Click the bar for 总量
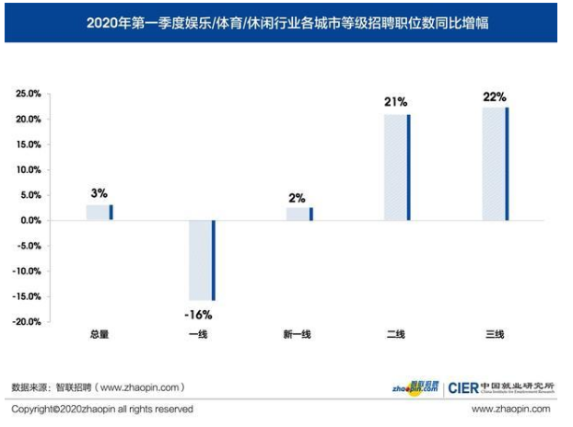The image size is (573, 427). click(99, 212)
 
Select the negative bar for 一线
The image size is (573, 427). click(201, 260)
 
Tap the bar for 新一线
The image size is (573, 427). click(299, 213)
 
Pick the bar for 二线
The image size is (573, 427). click(397, 167)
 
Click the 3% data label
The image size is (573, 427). click(99, 193)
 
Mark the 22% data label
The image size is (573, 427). click(495, 96)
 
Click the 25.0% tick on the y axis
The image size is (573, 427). click(29, 94)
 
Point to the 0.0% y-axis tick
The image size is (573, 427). click(30, 221)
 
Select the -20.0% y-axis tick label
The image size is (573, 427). click(28, 322)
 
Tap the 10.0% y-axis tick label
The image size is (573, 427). click(29, 170)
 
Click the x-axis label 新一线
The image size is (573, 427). click(298, 334)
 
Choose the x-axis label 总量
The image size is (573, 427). click(99, 334)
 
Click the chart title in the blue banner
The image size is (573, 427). click(286, 23)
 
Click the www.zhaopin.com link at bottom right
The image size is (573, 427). click(510, 410)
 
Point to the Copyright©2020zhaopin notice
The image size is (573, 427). click(102, 410)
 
